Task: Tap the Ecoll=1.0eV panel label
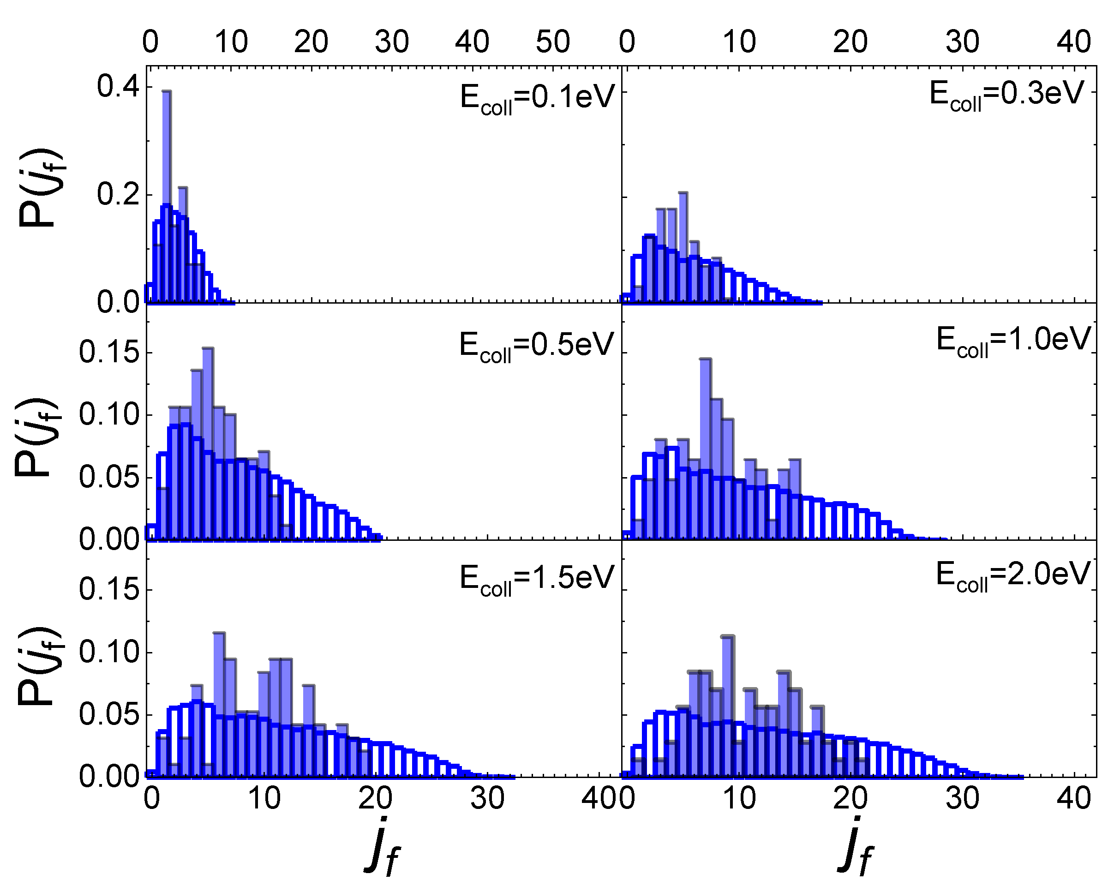click(x=1013, y=341)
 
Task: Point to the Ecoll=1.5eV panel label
click(x=537, y=578)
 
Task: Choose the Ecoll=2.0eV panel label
click(x=1013, y=575)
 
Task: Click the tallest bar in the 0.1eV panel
click(x=167, y=196)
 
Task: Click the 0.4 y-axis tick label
click(x=118, y=86)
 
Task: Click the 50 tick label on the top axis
click(x=552, y=42)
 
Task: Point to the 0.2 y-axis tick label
click(x=118, y=195)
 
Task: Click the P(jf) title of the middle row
click(x=37, y=437)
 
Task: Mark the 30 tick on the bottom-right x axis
click(x=962, y=798)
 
